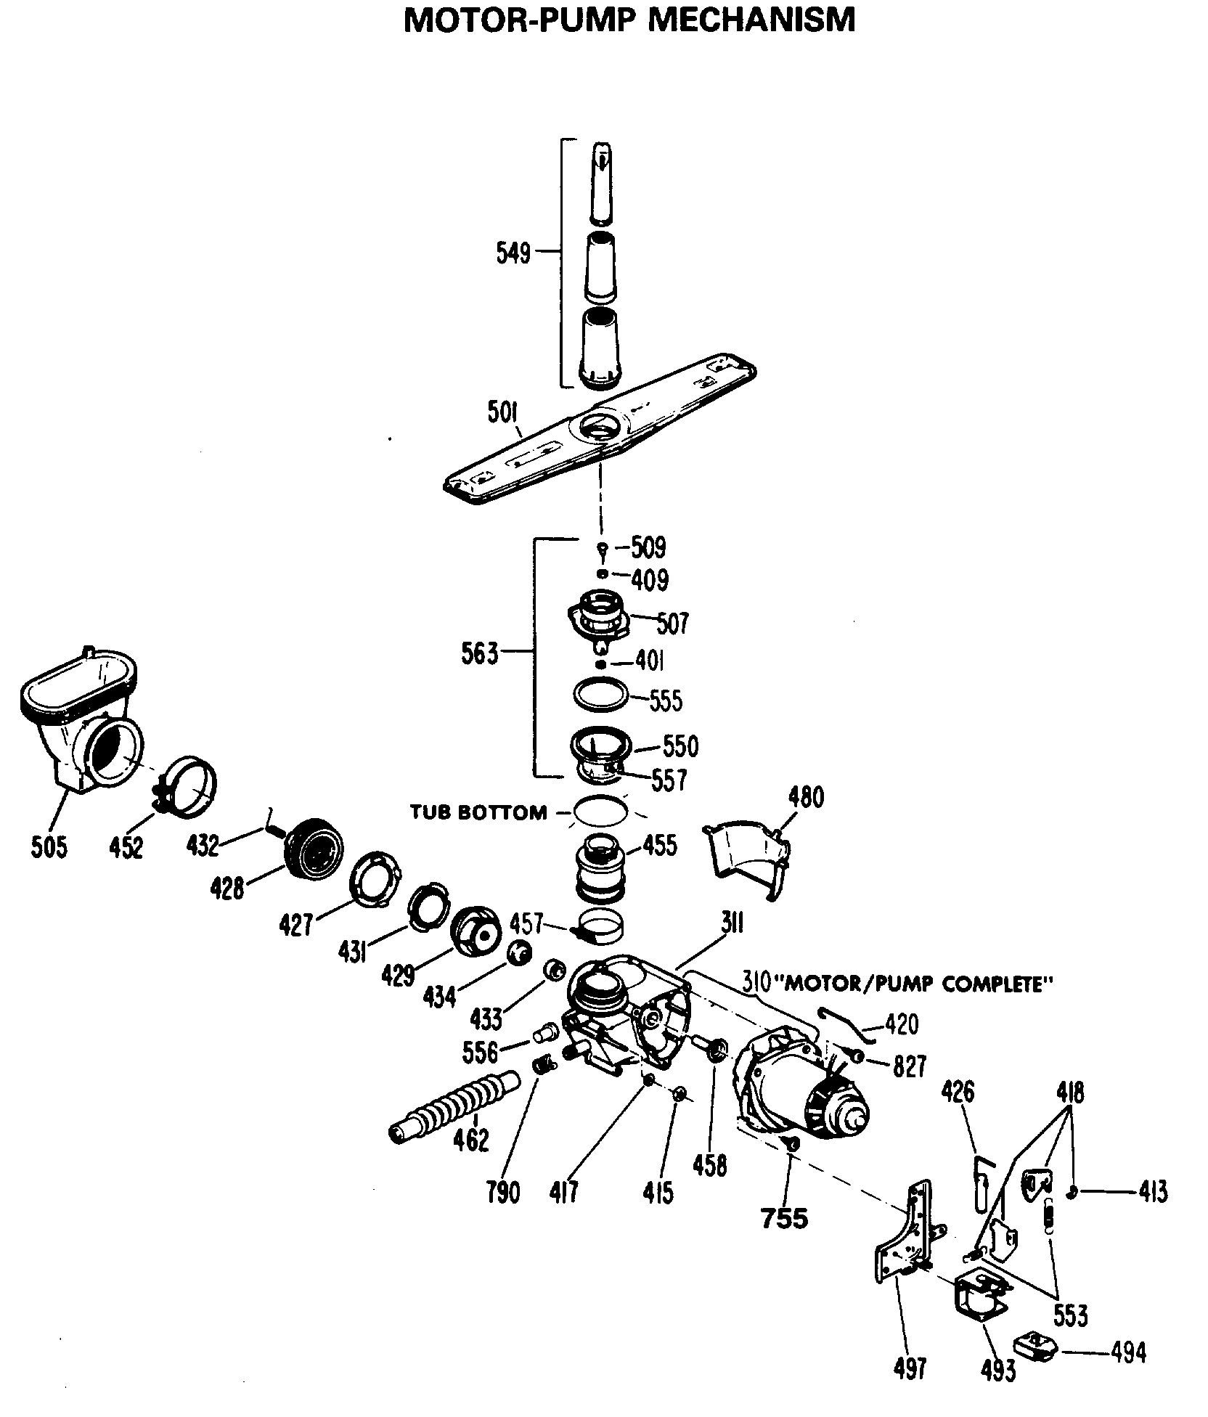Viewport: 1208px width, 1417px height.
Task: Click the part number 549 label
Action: pos(513,253)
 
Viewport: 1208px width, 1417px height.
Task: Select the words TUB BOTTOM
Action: pos(478,812)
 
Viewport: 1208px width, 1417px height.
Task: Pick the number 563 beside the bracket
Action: pos(480,654)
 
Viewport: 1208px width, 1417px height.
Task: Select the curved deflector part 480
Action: pos(748,857)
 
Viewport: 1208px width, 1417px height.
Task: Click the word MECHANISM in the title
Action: pos(751,20)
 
